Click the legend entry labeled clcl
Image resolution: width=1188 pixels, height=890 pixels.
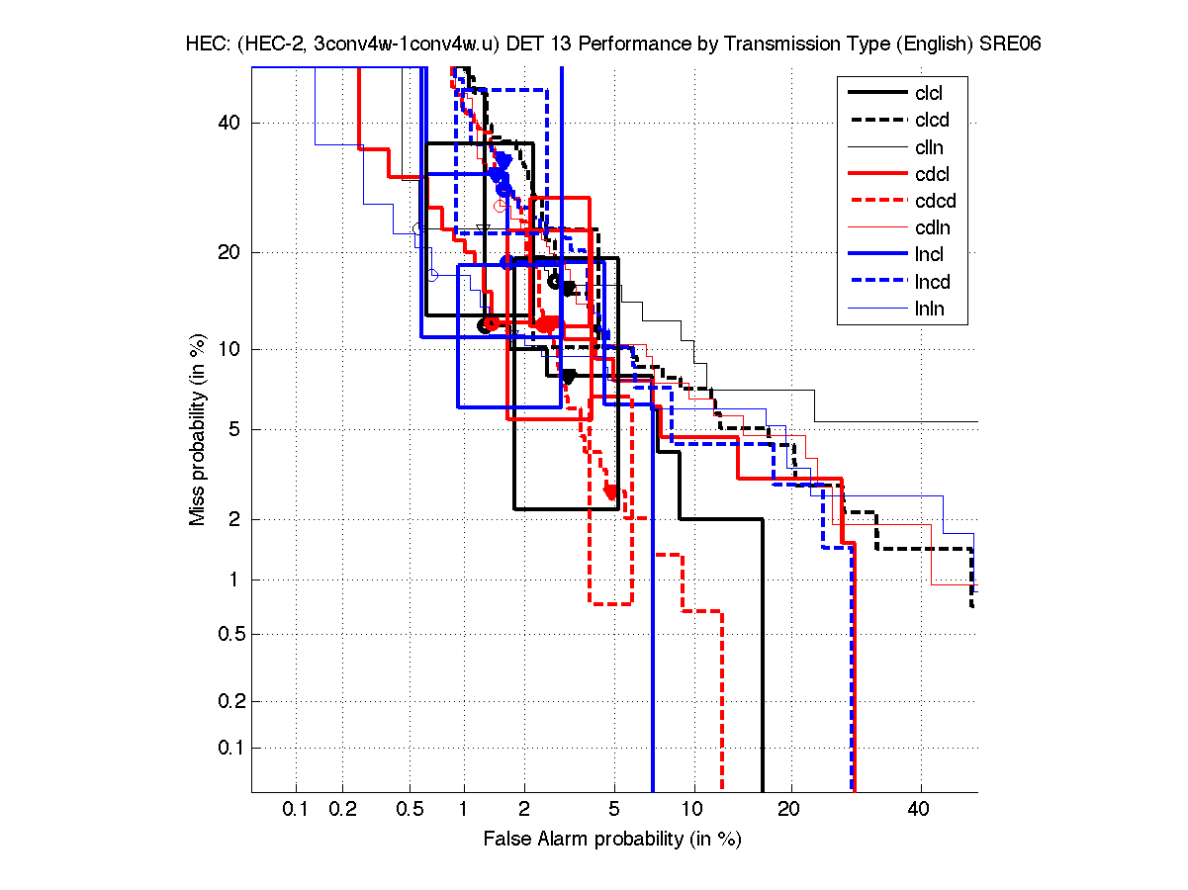click(929, 94)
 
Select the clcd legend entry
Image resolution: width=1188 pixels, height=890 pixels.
click(930, 121)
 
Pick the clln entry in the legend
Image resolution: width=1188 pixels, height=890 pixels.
click(929, 147)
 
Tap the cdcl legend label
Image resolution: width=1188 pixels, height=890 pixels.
click(930, 175)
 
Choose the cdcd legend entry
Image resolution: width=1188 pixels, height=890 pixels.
click(931, 202)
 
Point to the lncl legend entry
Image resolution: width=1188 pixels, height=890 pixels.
click(929, 255)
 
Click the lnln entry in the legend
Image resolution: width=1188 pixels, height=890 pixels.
click(929, 309)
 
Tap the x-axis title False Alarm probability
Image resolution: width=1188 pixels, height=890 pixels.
click(612, 840)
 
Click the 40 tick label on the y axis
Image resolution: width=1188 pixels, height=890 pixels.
click(229, 123)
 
